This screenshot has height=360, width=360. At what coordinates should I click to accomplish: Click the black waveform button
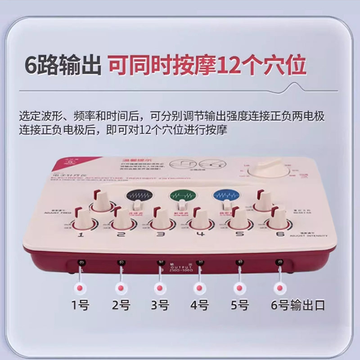tap(139, 196)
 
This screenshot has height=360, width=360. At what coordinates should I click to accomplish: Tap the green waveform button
tap(181, 196)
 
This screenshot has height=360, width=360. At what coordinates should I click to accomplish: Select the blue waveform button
tap(224, 196)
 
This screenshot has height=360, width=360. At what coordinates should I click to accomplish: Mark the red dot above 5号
tap(238, 287)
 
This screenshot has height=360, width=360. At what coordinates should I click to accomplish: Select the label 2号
tap(121, 305)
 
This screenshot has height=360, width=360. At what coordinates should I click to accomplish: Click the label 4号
tap(199, 305)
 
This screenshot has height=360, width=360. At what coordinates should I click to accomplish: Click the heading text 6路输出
tap(63, 65)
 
